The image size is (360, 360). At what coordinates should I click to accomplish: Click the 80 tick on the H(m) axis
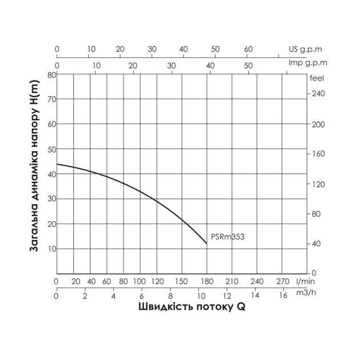(51, 75)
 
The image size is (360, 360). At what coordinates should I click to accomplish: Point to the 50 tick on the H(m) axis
(51, 150)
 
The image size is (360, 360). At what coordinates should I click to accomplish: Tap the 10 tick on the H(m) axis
(51, 249)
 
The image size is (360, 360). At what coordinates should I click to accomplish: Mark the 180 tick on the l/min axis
(207, 281)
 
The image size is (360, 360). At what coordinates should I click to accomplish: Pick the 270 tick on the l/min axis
(282, 281)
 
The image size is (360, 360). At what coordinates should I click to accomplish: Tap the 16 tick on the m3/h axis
(283, 295)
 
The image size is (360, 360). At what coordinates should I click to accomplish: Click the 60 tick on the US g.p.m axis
(248, 50)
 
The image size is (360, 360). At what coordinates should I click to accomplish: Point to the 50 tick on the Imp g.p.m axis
(249, 66)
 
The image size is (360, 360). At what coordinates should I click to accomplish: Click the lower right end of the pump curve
(207, 243)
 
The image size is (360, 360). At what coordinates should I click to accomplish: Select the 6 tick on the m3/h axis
(142, 295)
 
